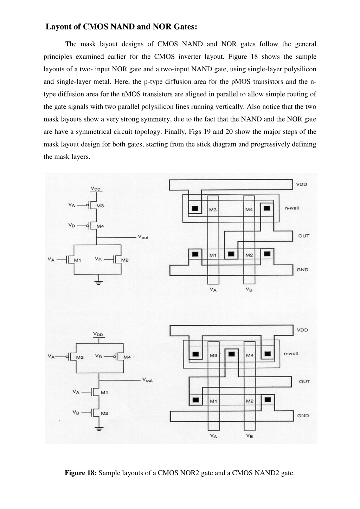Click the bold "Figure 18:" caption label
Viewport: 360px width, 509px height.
pyautogui.click(x=81, y=473)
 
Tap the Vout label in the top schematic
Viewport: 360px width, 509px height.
pyautogui.click(x=143, y=237)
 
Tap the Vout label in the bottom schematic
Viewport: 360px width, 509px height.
pyautogui.click(x=147, y=380)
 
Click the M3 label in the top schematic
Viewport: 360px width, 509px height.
pyautogui.click(x=100, y=206)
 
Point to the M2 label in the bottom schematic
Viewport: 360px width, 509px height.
pyautogui.click(x=105, y=413)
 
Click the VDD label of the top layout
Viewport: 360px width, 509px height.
pyautogui.click(x=302, y=184)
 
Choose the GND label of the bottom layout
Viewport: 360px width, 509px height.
pyautogui.click(x=303, y=416)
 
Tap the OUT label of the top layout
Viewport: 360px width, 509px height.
pyautogui.click(x=304, y=236)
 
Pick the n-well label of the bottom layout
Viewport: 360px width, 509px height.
pyautogui.click(x=291, y=354)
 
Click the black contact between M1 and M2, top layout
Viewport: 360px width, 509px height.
pyautogui.click(x=231, y=254)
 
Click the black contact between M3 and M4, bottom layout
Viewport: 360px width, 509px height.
pyautogui.click(x=232, y=354)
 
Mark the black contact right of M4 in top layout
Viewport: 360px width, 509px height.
pyautogui.click(x=267, y=208)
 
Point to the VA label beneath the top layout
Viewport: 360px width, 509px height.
pyautogui.click(x=213, y=290)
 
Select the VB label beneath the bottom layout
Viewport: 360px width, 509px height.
pyautogui.click(x=250, y=436)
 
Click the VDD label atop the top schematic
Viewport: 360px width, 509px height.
pyautogui.click(x=96, y=189)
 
